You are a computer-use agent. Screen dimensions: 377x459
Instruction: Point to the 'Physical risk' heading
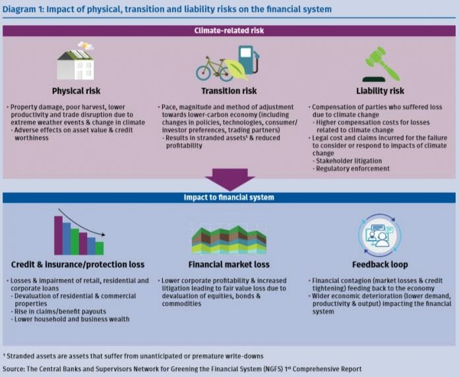pyautogui.click(x=76, y=91)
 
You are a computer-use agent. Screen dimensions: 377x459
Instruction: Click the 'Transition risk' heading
pyautogui.click(x=229, y=91)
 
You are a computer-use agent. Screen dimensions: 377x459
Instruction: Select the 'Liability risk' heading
pyautogui.click(x=382, y=91)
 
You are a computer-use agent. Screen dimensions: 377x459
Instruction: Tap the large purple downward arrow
pyautogui.click(x=229, y=179)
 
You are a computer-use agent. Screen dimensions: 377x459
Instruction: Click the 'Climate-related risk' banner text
pyautogui.click(x=229, y=31)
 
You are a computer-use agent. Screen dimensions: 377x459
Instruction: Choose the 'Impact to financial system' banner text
pyautogui.click(x=229, y=198)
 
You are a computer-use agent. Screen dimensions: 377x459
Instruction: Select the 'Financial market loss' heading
pyautogui.click(x=229, y=265)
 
